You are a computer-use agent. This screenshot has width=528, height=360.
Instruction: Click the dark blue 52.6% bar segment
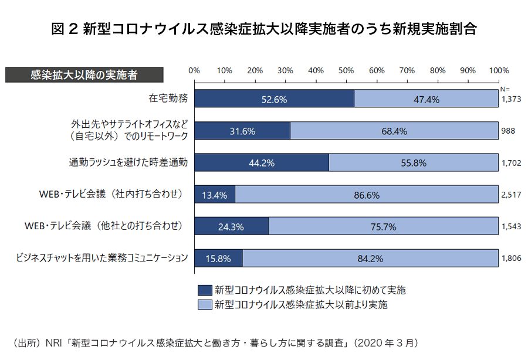[274, 99]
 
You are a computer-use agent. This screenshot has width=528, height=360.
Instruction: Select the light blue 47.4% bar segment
[427, 99]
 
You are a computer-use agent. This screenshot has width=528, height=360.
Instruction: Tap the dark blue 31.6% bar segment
[242, 131]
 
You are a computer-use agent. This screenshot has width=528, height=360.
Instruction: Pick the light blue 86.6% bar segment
[367, 195]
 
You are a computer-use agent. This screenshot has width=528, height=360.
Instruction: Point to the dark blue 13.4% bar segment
[215, 195]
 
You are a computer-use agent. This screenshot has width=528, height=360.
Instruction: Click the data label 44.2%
[262, 163]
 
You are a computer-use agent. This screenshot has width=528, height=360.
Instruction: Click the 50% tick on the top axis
[346, 70]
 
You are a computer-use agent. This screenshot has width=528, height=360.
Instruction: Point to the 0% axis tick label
[194, 70]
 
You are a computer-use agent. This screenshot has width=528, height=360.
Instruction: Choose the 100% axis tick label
[499, 70]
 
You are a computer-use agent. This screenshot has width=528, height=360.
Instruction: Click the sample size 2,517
[511, 195]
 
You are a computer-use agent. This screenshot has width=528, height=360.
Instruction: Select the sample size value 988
[508, 131]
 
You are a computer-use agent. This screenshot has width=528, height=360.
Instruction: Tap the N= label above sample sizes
[505, 88]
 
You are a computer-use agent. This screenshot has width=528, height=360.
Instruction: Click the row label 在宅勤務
[168, 99]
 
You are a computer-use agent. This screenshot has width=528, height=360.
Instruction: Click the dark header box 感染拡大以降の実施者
[84, 75]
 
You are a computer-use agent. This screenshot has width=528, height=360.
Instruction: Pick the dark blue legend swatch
[204, 290]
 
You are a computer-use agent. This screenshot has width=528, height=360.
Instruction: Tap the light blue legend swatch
[204, 305]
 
